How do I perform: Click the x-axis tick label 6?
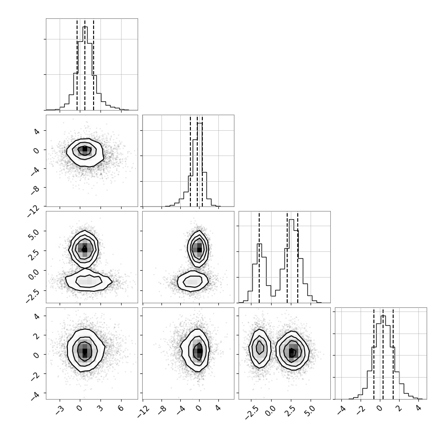pyautogui.click(x=121, y=408)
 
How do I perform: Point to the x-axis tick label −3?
pyautogui.click(x=59, y=410)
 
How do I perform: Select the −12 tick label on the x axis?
pyautogui.click(x=143, y=411)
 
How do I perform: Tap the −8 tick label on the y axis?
pyautogui.click(x=35, y=189)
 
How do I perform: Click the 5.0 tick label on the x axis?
pyautogui.click(x=311, y=411)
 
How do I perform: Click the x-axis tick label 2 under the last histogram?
pyautogui.click(x=399, y=408)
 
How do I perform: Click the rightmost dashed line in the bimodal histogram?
pyautogui.click(x=298, y=258)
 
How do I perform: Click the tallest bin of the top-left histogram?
pyautogui.click(x=85, y=68)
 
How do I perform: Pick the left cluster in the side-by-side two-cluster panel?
pyautogui.click(x=260, y=349)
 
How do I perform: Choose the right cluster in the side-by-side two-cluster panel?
pyautogui.click(x=292, y=350)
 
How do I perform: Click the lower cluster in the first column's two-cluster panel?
pyautogui.click(x=89, y=280)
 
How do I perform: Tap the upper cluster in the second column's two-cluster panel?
pyautogui.click(x=198, y=249)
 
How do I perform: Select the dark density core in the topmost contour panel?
pyautogui.click(x=84, y=150)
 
